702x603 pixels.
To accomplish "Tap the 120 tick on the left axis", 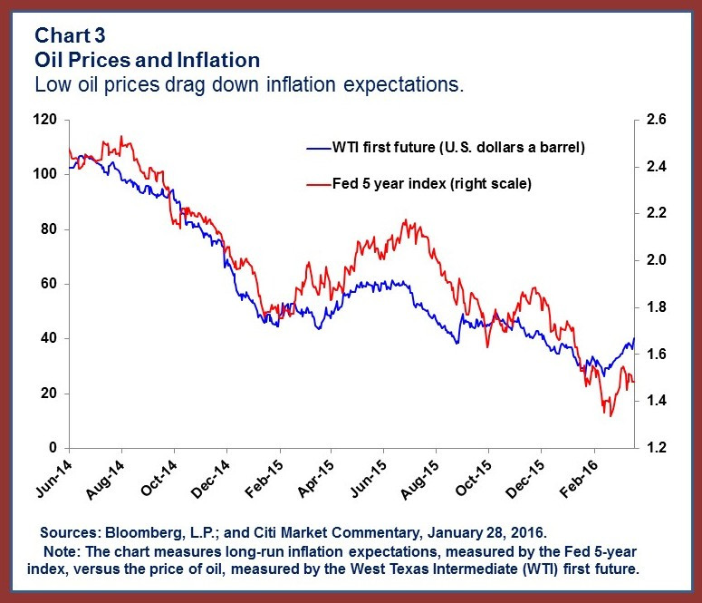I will pyautogui.click(x=46, y=120).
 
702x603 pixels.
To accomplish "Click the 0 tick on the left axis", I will pyautogui.click(x=53, y=448).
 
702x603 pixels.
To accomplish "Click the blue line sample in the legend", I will pyautogui.click(x=317, y=146).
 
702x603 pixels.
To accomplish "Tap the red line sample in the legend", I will pyautogui.click(x=317, y=183).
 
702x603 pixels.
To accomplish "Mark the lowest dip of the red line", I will pyautogui.click(x=611, y=416).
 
